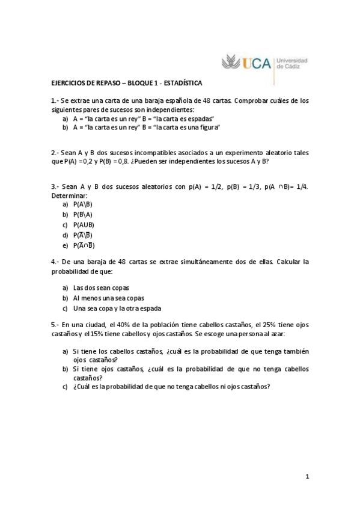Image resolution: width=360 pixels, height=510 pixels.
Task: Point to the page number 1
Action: (307, 477)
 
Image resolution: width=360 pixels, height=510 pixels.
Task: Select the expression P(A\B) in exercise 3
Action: (83, 204)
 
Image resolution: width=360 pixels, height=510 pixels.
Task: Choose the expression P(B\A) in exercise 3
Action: (83, 215)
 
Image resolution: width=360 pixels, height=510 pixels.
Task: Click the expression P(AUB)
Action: (84, 225)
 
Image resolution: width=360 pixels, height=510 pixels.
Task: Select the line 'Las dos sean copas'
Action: (101, 287)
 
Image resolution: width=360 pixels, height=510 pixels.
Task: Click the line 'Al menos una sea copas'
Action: (109, 298)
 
